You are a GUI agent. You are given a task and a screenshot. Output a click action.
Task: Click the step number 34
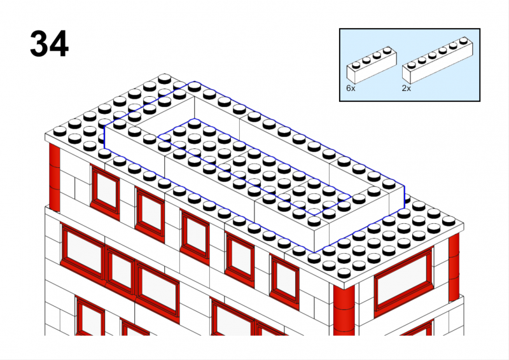click(x=50, y=44)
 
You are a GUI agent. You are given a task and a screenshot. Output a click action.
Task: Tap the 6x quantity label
click(x=351, y=88)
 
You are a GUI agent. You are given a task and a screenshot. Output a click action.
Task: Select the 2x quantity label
click(x=406, y=88)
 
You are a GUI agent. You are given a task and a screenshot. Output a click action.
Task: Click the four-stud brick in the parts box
click(x=372, y=65)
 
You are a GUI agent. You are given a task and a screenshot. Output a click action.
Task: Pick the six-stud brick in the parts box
click(x=438, y=60)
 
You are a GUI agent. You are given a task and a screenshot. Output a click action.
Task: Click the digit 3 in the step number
click(x=39, y=44)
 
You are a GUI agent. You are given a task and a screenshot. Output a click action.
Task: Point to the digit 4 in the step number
click(x=59, y=44)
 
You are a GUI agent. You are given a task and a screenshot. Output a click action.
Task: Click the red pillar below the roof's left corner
click(x=55, y=177)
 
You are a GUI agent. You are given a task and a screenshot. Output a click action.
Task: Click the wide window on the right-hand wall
click(x=403, y=281)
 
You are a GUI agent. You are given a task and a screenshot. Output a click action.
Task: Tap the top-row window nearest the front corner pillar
click(x=284, y=281)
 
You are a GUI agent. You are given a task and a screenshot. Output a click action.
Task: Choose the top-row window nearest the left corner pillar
click(x=105, y=192)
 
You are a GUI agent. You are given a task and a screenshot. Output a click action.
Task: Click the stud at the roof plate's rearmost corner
click(x=165, y=79)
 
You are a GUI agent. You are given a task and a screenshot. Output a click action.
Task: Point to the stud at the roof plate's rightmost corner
click(x=449, y=221)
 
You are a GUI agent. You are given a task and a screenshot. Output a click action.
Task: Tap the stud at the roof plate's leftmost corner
click(x=60, y=131)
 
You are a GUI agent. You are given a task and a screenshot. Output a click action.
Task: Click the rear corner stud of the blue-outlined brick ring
click(x=194, y=87)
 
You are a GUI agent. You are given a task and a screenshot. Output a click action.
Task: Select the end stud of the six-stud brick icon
click(x=464, y=40)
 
